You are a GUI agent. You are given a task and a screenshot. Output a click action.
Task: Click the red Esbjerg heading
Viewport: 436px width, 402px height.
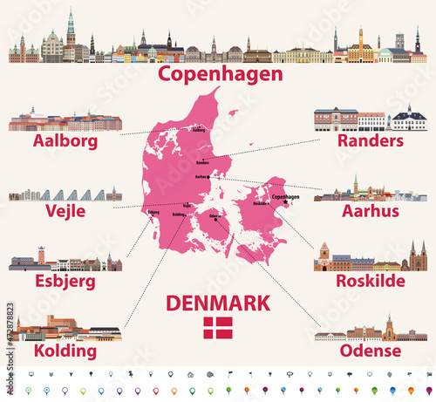click(65, 282)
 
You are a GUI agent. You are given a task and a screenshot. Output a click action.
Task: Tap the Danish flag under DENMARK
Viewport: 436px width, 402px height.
click(219, 329)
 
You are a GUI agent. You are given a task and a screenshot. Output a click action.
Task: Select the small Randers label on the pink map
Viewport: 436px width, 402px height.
click(203, 162)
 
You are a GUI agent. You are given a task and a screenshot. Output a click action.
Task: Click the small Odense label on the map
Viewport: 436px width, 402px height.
click(215, 214)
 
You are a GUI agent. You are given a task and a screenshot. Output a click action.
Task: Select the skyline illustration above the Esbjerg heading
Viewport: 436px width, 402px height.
click(66, 260)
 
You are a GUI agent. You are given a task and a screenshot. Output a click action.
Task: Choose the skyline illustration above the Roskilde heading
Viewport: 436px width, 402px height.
click(370, 257)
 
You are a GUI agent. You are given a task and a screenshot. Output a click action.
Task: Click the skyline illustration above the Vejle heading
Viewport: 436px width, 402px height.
click(65, 194)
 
